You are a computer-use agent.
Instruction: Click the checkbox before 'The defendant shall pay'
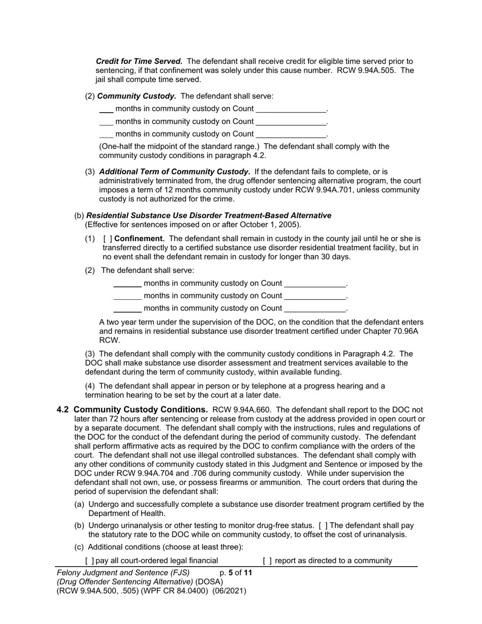(x=323, y=526)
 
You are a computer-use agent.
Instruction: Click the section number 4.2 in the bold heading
(x=63, y=409)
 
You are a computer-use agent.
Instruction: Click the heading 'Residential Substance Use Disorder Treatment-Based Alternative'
(x=209, y=216)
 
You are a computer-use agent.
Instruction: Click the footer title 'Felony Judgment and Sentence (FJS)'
(x=123, y=573)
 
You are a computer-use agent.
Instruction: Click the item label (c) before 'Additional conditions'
(x=80, y=547)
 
